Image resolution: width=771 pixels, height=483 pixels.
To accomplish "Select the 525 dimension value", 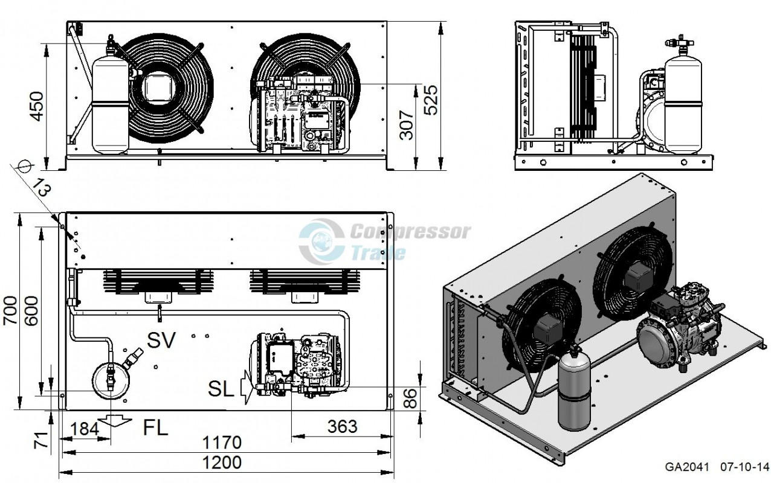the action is (431, 100).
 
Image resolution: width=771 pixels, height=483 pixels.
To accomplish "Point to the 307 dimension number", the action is (407, 125).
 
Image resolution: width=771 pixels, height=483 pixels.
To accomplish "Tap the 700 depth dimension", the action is (10, 310).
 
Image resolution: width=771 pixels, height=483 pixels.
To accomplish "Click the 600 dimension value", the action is (31, 311).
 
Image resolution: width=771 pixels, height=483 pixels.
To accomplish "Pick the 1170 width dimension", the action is (222, 443).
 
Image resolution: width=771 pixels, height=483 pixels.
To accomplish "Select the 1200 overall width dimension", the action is (222, 462).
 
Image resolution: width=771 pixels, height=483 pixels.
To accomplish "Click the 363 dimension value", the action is (342, 427).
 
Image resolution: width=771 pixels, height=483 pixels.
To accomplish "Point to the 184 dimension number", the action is (85, 429).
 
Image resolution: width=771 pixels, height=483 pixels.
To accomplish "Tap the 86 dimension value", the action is (410, 398).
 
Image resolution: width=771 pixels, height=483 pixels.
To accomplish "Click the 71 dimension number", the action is (41, 440).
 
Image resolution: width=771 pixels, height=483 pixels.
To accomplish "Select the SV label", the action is (161, 340).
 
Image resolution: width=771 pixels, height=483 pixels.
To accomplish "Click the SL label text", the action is (221, 390).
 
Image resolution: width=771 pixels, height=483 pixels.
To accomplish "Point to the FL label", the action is (155, 428).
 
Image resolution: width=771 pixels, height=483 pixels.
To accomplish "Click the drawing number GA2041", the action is (686, 467).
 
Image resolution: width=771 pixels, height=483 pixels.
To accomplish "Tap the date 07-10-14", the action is (744, 467).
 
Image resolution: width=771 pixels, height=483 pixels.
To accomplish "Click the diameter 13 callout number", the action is (42, 188).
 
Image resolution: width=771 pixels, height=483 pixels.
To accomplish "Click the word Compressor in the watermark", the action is (410, 232).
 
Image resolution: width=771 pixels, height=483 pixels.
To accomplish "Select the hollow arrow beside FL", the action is (115, 420).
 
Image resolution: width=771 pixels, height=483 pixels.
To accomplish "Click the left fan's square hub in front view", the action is (159, 87).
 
